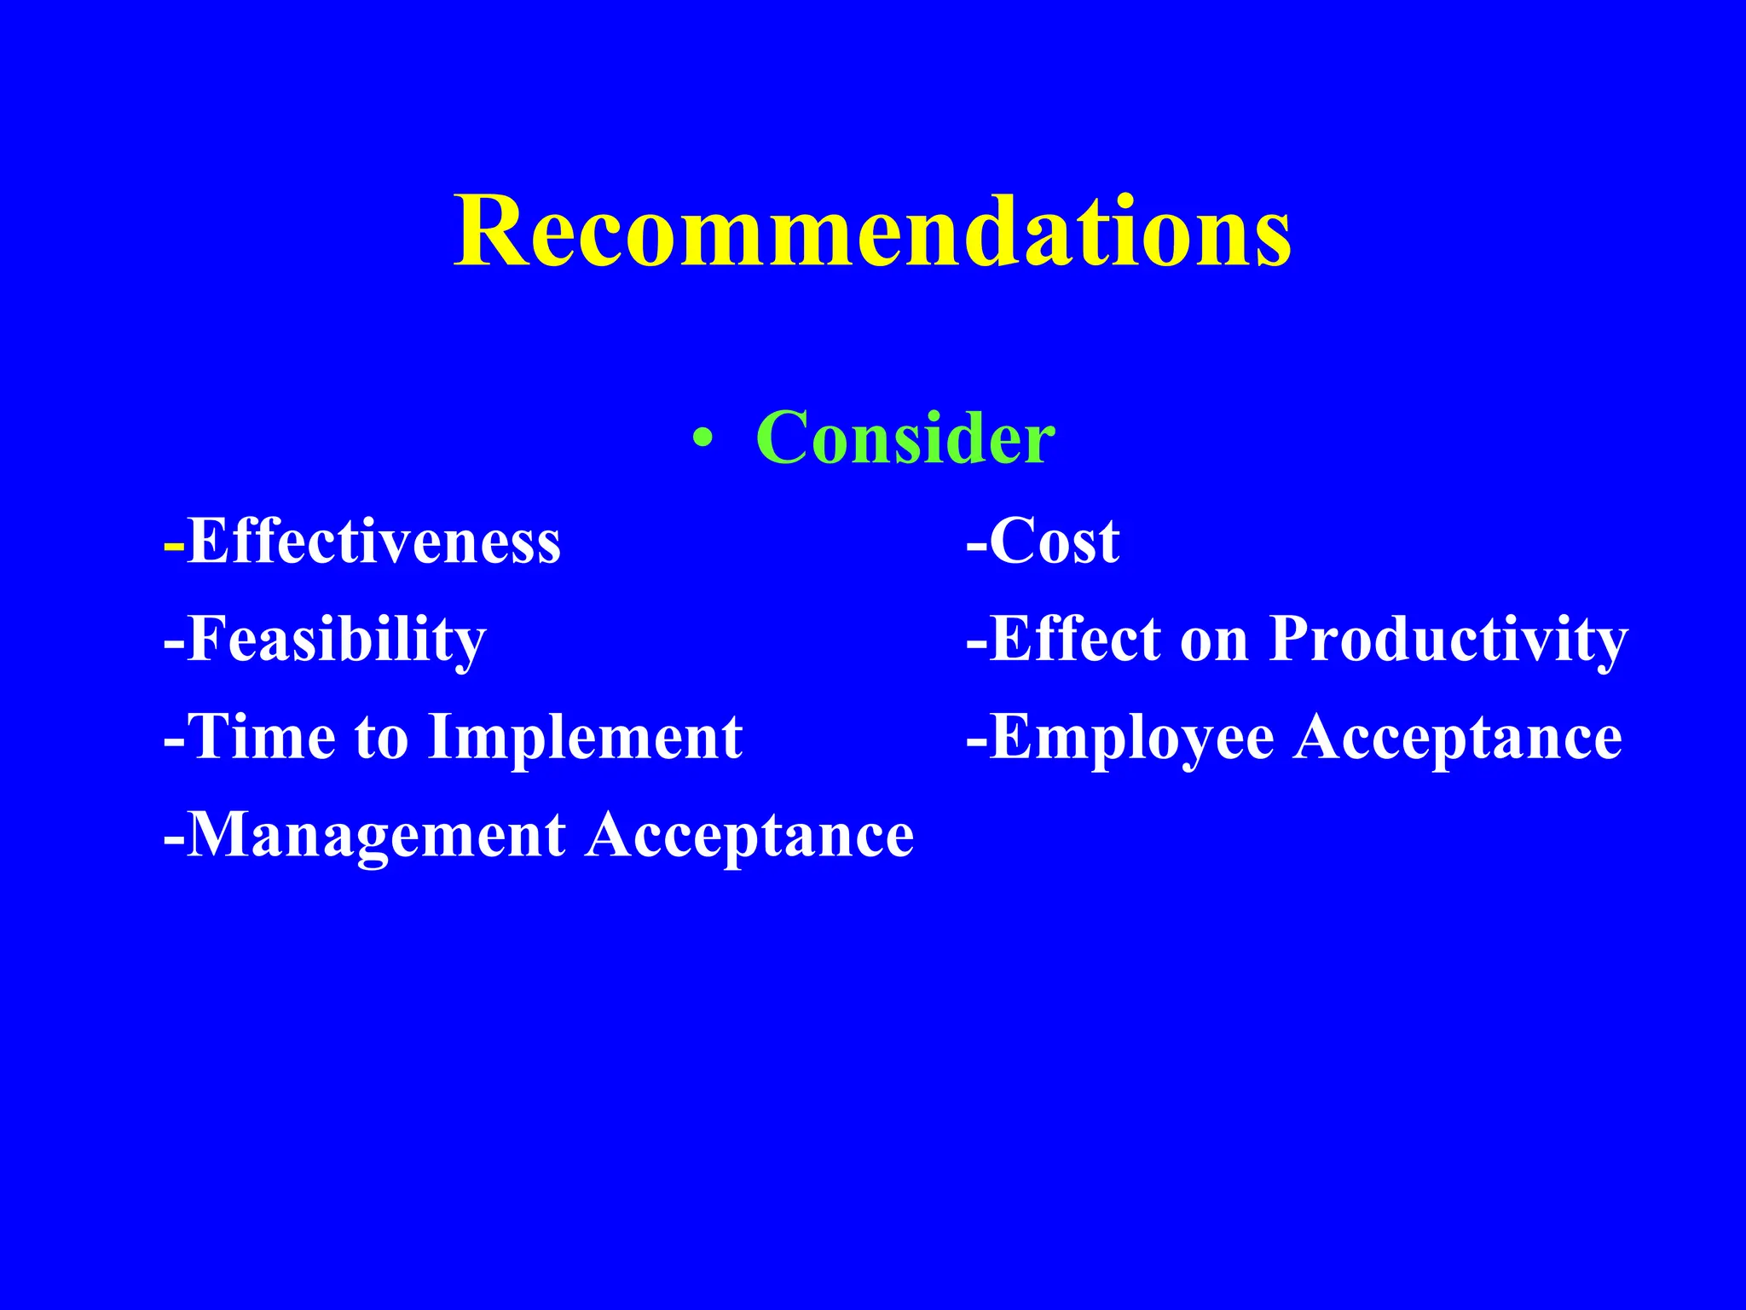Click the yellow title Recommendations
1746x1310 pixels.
pyautogui.click(x=872, y=232)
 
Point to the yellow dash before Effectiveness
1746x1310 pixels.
pyautogui.click(x=174, y=545)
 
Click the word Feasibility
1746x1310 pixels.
pyautogui.click(x=336, y=640)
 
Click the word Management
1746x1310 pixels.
pyautogui.click(x=375, y=836)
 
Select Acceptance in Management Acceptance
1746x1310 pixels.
pyautogui.click(x=750, y=836)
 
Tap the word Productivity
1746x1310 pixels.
pyautogui.click(x=1448, y=640)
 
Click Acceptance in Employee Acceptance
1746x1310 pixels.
pyautogui.click(x=1458, y=739)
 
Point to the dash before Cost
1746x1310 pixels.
pyautogui.click(x=976, y=545)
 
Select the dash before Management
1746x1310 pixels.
pyautogui.click(x=173, y=838)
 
